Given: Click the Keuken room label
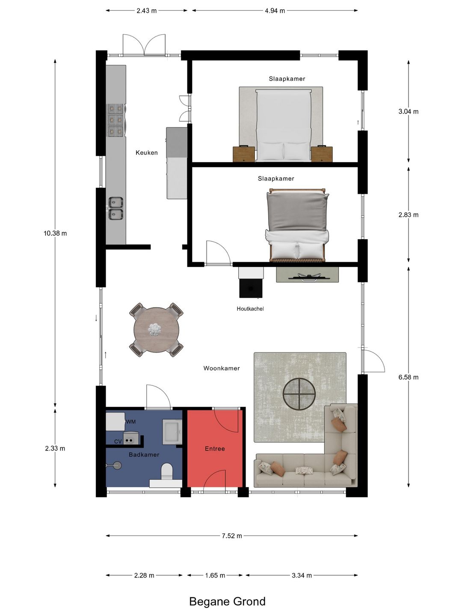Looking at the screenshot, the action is pyautogui.click(x=146, y=153).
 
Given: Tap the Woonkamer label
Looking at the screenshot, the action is pyautogui.click(x=222, y=368).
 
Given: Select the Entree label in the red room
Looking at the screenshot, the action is pyautogui.click(x=215, y=449).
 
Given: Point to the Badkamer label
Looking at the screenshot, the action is pyautogui.click(x=144, y=455).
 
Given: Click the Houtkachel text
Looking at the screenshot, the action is pyautogui.click(x=250, y=309).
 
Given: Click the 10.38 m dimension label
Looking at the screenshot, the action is pyautogui.click(x=55, y=233).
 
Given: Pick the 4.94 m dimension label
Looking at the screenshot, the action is pyautogui.click(x=275, y=11).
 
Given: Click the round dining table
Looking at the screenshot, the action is pyautogui.click(x=156, y=330).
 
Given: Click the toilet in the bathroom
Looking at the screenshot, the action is pyautogui.click(x=167, y=471).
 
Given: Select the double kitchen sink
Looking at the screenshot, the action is pyautogui.click(x=115, y=208).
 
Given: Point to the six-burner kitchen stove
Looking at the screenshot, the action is pyautogui.click(x=115, y=120).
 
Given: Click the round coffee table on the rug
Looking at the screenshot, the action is pyautogui.click(x=299, y=394).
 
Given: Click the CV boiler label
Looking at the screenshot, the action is pyautogui.click(x=118, y=442).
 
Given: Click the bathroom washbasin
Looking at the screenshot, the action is pyautogui.click(x=172, y=431).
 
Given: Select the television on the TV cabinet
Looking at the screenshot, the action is pyautogui.click(x=307, y=277).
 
